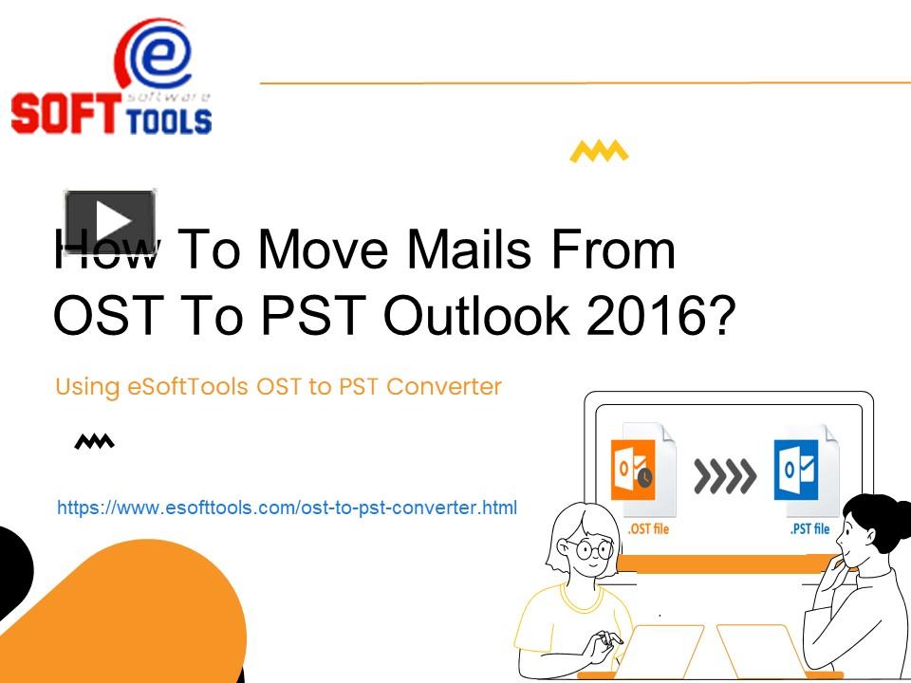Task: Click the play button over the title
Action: point(109,222)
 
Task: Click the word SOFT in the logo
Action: point(65,113)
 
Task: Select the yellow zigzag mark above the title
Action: point(599,152)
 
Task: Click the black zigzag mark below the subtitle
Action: point(95,441)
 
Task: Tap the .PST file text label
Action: point(809,528)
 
